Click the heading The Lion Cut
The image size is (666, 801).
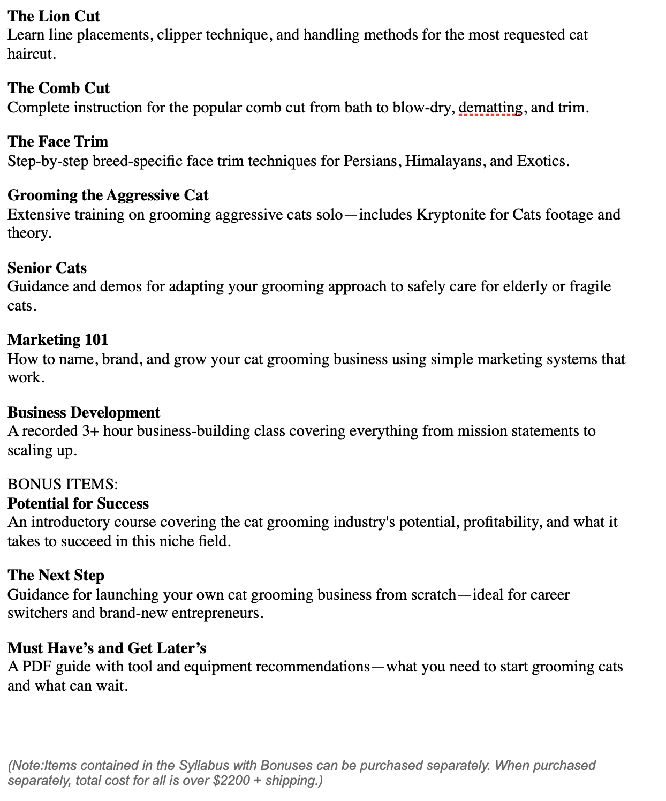54,16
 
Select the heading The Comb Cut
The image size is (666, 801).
58,88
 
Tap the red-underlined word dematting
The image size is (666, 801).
490,108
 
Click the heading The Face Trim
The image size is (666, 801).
58,141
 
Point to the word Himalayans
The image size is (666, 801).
443,161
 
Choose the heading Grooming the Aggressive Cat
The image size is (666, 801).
108,195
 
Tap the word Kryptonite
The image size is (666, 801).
451,215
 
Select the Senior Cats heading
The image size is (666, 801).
47,268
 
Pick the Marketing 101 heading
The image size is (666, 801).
58,339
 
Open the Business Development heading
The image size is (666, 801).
84,412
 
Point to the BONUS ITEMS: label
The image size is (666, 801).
63,485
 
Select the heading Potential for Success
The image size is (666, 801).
78,503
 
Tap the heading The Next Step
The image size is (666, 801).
56,575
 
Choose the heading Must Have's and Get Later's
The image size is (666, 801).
107,648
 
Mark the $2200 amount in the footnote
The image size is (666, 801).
231,780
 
